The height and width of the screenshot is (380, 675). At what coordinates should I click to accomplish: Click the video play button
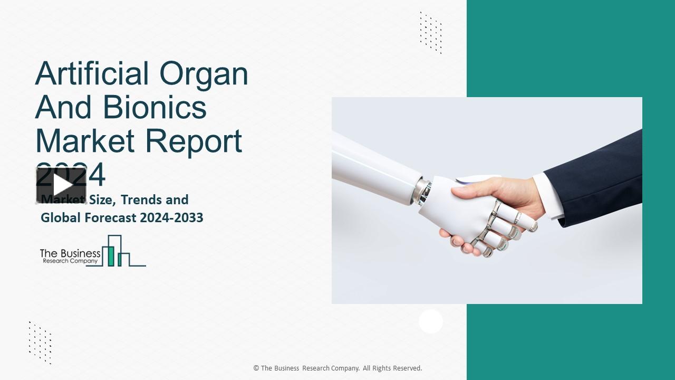(x=61, y=185)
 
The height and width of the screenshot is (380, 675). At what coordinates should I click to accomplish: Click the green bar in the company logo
(x=111, y=255)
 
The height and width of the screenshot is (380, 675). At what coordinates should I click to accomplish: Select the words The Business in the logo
(x=70, y=253)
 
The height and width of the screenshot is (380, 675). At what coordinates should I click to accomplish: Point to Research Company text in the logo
(x=70, y=261)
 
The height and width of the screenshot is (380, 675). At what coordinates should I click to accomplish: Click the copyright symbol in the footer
(x=256, y=368)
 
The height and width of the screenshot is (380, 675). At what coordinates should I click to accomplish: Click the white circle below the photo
(x=431, y=321)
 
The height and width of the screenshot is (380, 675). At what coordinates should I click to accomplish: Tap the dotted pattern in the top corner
(x=431, y=32)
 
